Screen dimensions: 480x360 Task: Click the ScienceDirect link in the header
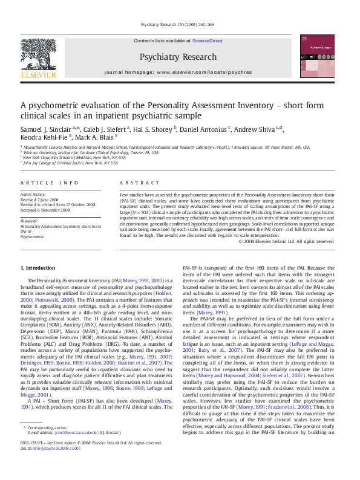(x=207, y=41)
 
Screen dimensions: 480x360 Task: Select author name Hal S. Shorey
(x=154, y=129)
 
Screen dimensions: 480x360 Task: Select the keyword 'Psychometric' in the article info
(x=33, y=236)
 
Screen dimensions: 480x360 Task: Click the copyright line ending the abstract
(x=286, y=241)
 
